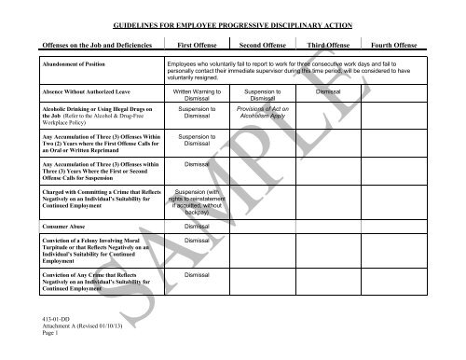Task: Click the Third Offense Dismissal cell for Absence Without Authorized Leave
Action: coord(328,93)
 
